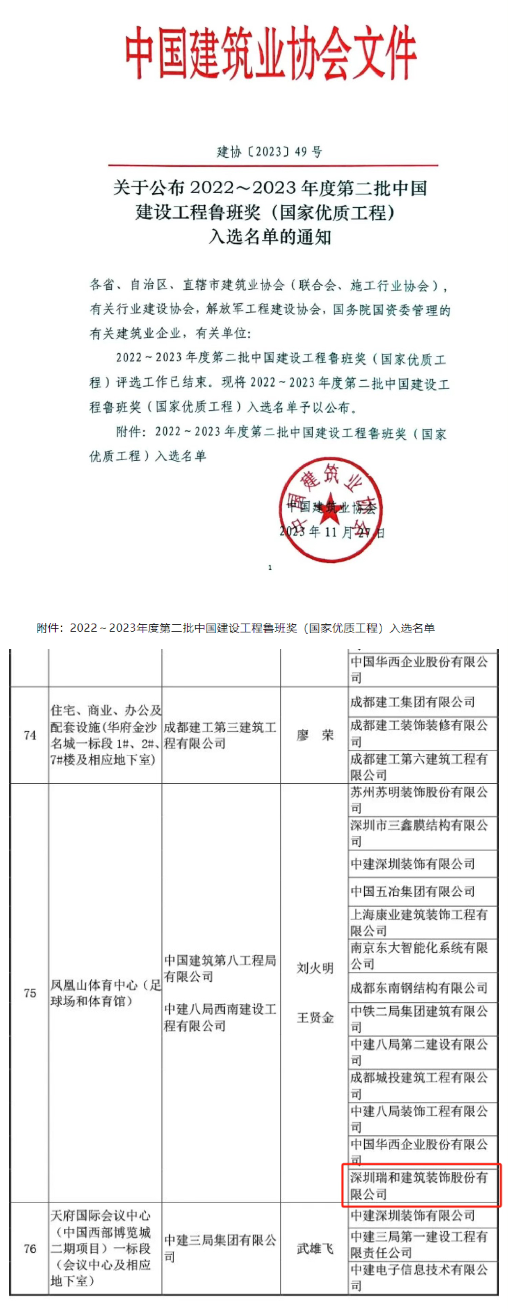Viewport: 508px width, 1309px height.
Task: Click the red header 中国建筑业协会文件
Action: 270,52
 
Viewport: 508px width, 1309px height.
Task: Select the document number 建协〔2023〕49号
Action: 269,151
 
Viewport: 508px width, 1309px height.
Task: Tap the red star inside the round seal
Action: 330,508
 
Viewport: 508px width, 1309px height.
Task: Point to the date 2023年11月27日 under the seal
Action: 331,532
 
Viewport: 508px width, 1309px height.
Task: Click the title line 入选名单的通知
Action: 270,237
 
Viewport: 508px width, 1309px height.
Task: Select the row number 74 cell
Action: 30,735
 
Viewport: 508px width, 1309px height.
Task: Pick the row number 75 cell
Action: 30,993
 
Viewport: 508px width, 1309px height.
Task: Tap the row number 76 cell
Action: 30,1249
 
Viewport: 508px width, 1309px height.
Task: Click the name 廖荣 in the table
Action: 315,735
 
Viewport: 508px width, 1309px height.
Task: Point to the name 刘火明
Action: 315,968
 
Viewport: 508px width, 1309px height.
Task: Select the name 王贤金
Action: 315,1017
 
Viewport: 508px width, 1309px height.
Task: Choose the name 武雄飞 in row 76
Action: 315,1249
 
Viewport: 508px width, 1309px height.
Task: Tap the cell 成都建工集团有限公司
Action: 412,702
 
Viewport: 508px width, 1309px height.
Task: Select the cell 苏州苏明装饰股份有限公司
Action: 420,800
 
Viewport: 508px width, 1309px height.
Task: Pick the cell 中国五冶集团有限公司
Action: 412,891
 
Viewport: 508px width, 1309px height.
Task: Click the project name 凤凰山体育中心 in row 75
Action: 105,993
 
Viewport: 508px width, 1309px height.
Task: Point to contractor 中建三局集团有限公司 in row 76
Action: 220,1249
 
